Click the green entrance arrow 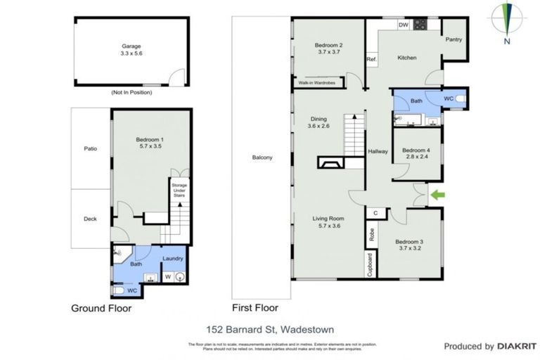click(x=438, y=193)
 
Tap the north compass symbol click(x=506, y=22)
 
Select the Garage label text click(x=132, y=46)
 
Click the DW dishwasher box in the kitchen click(x=403, y=26)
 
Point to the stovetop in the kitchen click(x=420, y=26)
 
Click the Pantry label click(x=454, y=40)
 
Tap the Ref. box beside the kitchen click(x=371, y=60)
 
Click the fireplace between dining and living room click(x=330, y=164)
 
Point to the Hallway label click(x=378, y=152)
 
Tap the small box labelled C click(x=376, y=212)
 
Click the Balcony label click(x=262, y=157)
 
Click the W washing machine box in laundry click(x=167, y=276)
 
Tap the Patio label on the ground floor click(x=90, y=148)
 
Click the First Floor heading click(x=255, y=308)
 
